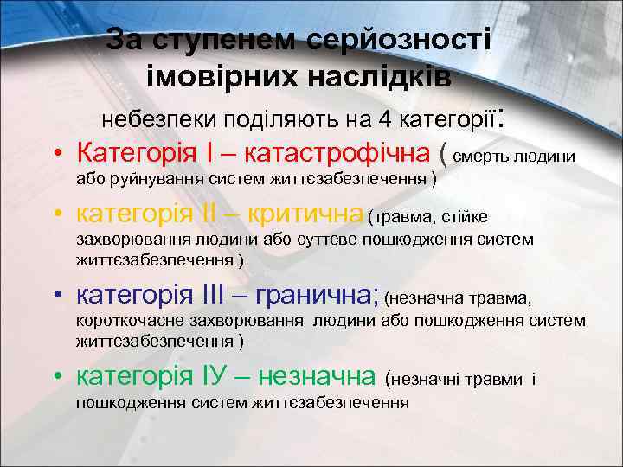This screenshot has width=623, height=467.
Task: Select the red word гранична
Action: pyautogui.click(x=312, y=297)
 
